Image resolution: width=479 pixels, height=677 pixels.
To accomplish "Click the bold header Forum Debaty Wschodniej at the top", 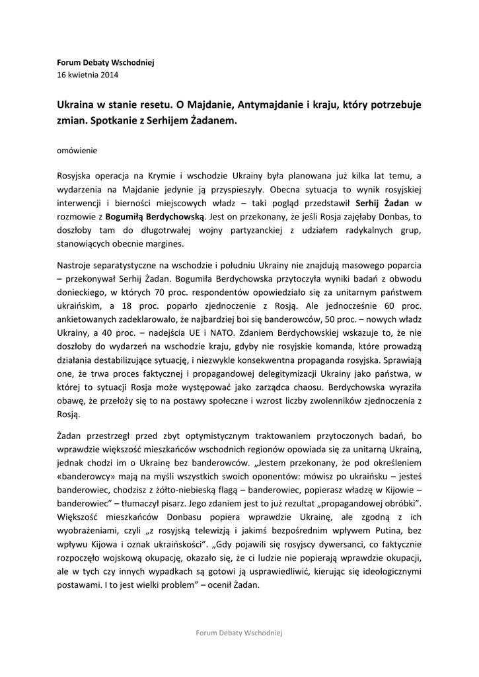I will pos(105,62).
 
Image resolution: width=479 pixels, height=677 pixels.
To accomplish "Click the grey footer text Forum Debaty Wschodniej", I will pos(239,633).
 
